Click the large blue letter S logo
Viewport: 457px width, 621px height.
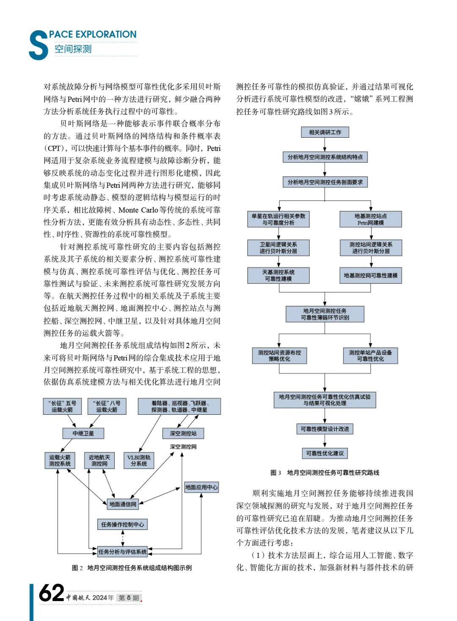pos(38,45)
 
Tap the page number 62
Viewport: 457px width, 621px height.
pos(52,593)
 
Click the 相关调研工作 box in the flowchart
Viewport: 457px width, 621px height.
pos(325,132)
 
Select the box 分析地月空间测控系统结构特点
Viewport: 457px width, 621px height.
pos(325,157)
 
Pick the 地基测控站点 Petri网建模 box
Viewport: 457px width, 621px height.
pos(371,219)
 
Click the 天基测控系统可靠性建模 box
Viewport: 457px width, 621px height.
pos(278,275)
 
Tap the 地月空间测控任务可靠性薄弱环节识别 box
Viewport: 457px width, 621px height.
pos(325,314)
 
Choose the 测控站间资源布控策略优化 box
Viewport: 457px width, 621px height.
pos(279,355)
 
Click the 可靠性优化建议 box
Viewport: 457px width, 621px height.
pos(325,453)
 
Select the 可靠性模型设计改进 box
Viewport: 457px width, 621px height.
pos(325,429)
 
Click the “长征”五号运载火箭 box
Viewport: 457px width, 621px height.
pos(62,406)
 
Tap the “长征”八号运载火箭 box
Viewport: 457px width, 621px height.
pos(106,406)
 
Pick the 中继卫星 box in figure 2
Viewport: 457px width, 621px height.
pos(83,433)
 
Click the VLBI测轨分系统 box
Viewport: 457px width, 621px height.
pos(139,460)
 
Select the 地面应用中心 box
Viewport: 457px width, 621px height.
pos(201,487)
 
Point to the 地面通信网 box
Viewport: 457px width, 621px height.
pos(123,504)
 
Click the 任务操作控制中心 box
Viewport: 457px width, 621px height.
pos(122,524)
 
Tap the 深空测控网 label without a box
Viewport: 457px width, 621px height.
pos(183,447)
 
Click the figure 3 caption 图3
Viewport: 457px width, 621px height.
pos(275,473)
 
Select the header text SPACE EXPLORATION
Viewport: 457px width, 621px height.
pos(93,35)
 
